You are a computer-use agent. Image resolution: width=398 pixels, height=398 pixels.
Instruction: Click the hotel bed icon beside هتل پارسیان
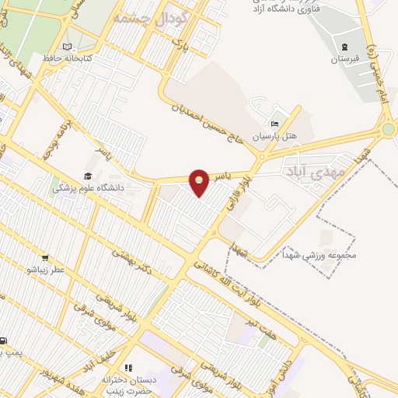(273, 123)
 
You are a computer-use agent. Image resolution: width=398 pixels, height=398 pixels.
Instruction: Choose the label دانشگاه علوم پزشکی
(86, 187)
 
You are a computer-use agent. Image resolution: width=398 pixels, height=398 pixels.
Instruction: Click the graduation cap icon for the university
(88, 176)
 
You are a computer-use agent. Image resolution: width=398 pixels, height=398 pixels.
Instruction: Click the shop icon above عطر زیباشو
(45, 258)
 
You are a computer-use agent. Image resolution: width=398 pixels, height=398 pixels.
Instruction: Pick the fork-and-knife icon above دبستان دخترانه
(130, 367)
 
